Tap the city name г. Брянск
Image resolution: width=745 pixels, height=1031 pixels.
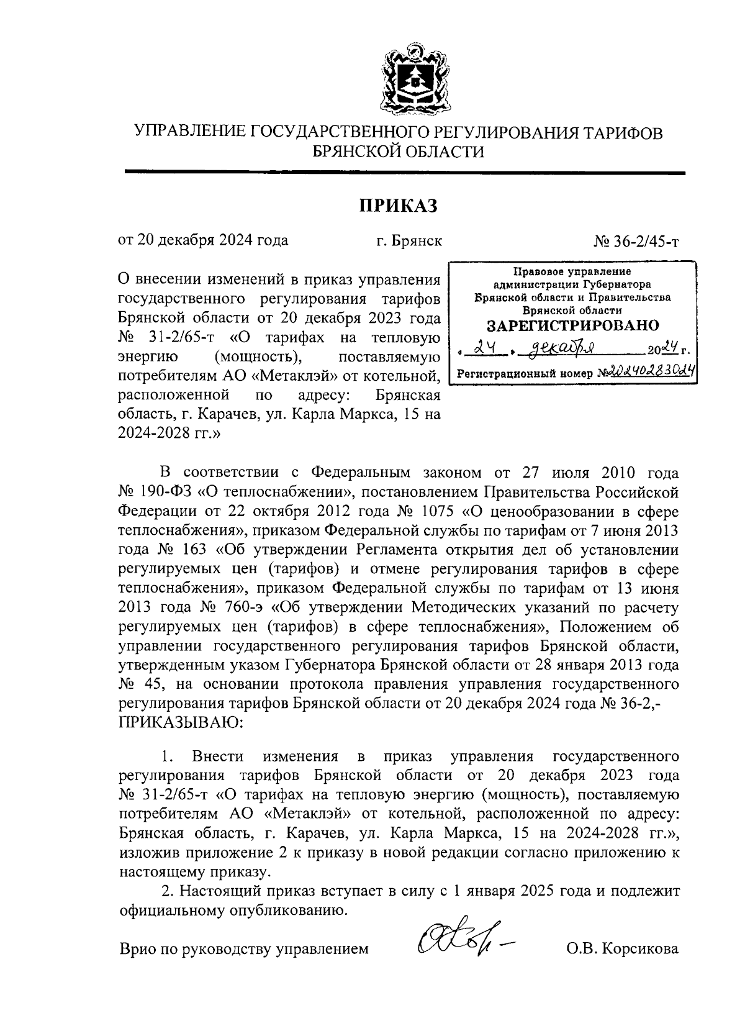pyautogui.click(x=409, y=240)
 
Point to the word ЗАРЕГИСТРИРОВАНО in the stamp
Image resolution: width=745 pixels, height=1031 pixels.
pyautogui.click(x=572, y=325)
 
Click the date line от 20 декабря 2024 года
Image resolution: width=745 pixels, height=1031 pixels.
pyautogui.click(x=203, y=240)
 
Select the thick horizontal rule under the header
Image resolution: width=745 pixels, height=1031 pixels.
pyautogui.click(x=405, y=172)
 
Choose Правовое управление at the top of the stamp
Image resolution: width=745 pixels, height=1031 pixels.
pyautogui.click(x=571, y=272)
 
